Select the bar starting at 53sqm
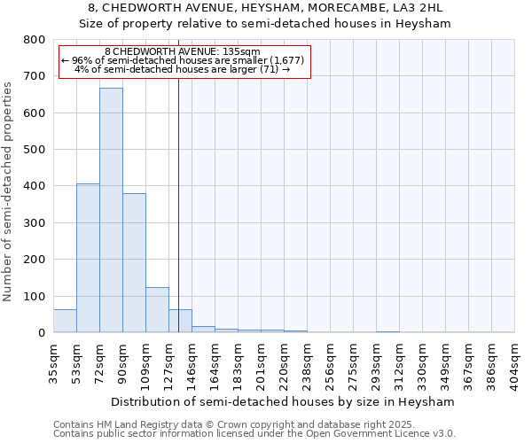click(x=88, y=258)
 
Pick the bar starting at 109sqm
click(x=157, y=309)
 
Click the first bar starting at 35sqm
click(x=65, y=321)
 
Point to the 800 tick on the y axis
click(x=35, y=40)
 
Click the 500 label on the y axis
click(x=35, y=150)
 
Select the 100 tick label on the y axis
click(x=35, y=296)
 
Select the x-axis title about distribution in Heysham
click(x=284, y=401)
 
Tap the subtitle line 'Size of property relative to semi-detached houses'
click(x=265, y=24)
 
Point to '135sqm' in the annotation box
click(x=243, y=51)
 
